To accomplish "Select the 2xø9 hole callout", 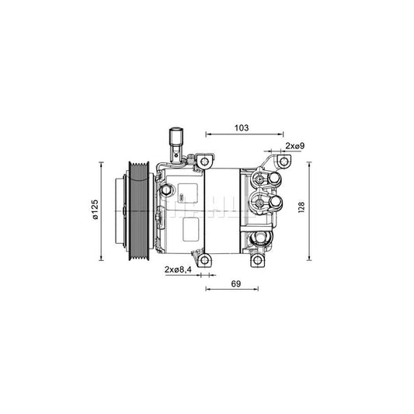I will tap(294, 145).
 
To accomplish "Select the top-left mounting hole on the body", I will tap(204, 162).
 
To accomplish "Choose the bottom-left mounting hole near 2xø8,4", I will tap(204, 259).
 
